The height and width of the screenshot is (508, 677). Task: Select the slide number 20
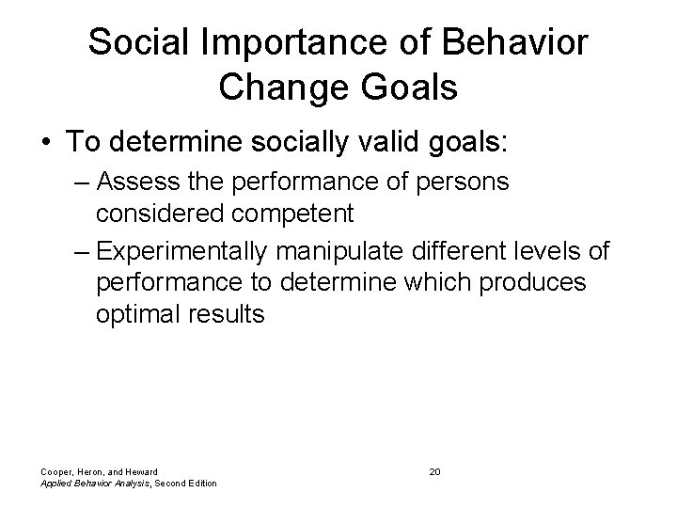tap(433, 470)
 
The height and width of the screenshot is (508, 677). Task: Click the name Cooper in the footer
tap(55, 471)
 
